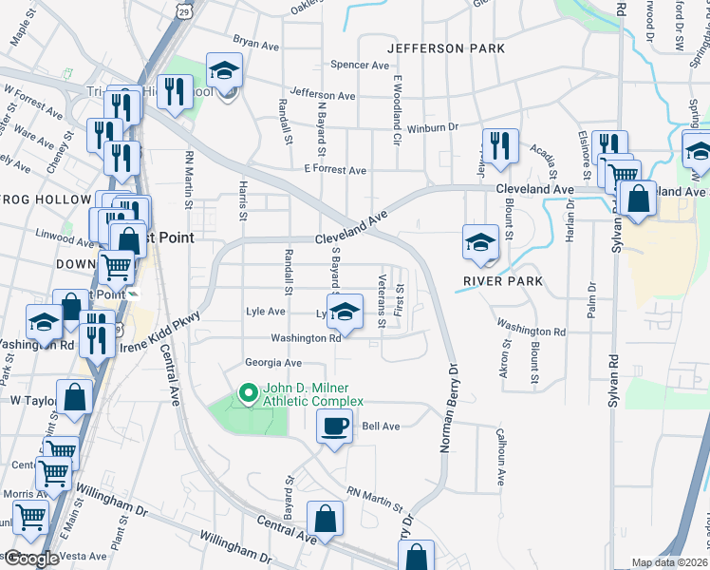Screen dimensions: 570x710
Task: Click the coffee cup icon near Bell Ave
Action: click(x=332, y=427)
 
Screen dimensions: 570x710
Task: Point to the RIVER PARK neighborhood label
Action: click(x=503, y=281)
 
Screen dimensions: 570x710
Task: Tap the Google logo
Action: click(x=31, y=559)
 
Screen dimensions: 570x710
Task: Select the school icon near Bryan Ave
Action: click(x=225, y=71)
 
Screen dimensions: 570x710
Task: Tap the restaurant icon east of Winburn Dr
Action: click(x=499, y=145)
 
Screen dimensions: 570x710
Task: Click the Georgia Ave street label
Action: click(x=272, y=363)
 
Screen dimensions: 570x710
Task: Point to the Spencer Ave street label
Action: click(x=360, y=66)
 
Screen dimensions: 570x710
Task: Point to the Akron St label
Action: click(x=505, y=354)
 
